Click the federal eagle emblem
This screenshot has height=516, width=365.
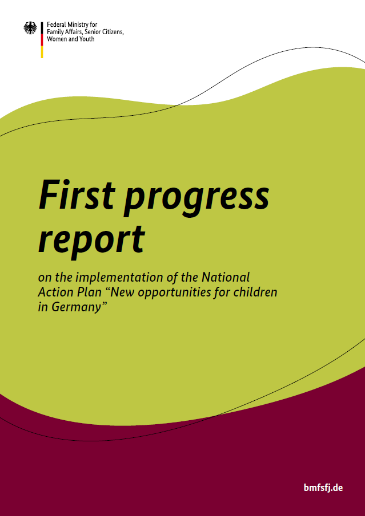click(30, 29)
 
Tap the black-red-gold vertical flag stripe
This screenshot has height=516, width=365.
click(42, 40)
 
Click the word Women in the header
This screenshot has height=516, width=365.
click(57, 39)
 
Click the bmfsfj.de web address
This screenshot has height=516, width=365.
click(323, 488)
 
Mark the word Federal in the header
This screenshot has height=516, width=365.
click(56, 26)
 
